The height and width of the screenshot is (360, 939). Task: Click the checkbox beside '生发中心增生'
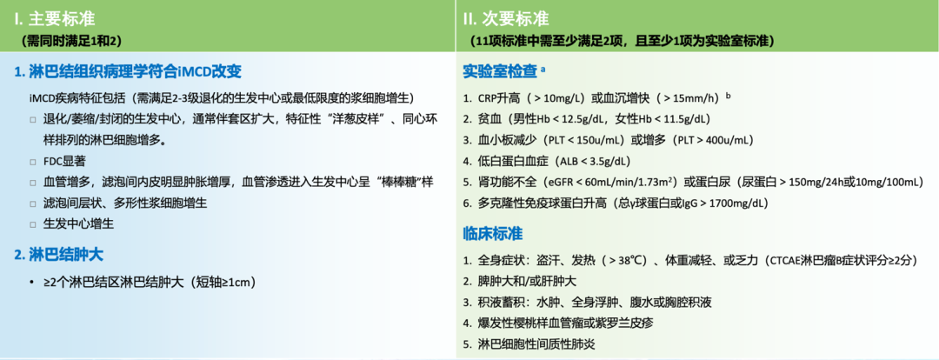[34, 224]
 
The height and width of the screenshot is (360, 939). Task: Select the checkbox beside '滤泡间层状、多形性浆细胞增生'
[34, 203]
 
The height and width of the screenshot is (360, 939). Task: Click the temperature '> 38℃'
[629, 261]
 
